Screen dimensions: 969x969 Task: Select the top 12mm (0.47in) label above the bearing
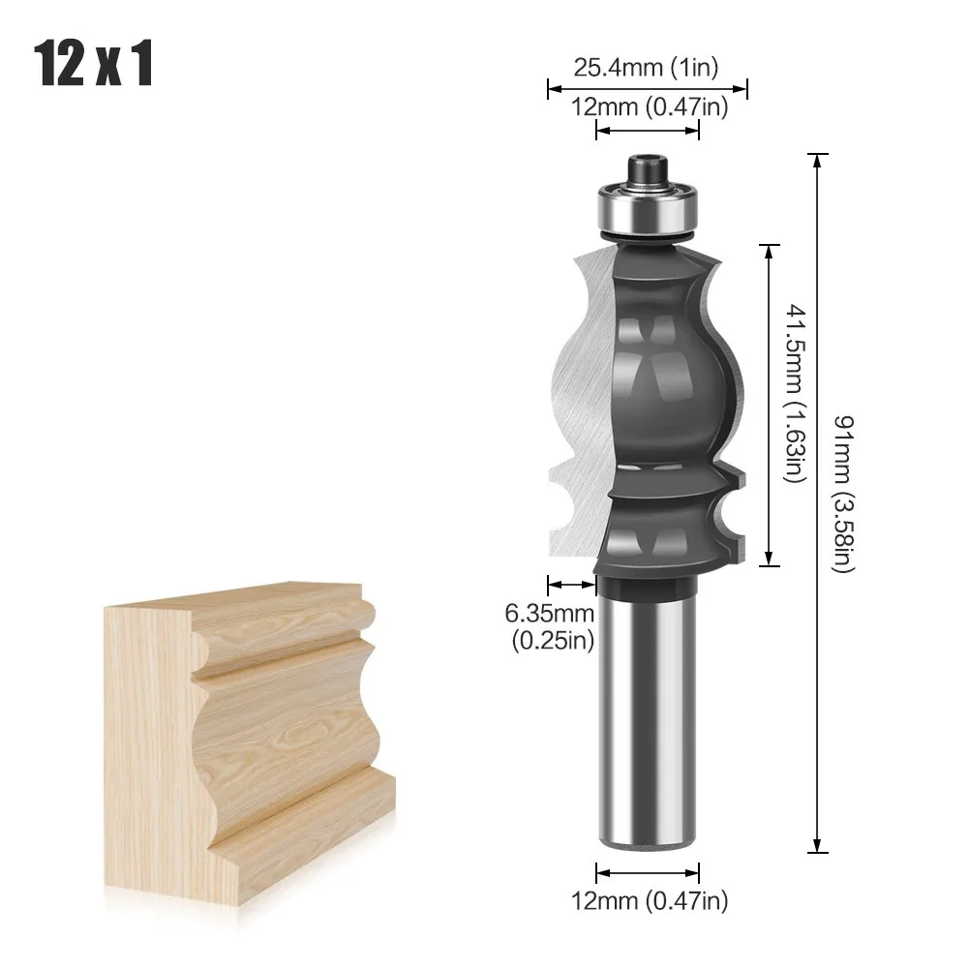(648, 107)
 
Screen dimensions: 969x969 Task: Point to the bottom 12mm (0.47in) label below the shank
(648, 900)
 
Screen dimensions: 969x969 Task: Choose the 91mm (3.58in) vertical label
(843, 494)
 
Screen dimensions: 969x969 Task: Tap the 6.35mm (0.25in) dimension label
(549, 626)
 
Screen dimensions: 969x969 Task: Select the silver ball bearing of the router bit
(647, 206)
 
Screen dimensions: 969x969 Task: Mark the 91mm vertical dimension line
(820, 503)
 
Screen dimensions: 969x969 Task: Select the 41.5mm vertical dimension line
(770, 404)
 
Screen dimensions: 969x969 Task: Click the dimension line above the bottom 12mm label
(647, 868)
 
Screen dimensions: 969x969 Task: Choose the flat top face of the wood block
(232, 597)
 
